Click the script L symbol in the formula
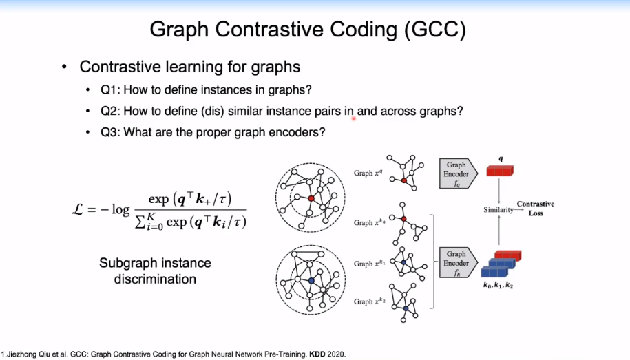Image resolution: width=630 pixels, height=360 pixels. click(81, 210)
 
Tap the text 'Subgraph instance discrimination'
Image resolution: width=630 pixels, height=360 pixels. click(155, 271)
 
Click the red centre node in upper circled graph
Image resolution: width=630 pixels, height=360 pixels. click(311, 198)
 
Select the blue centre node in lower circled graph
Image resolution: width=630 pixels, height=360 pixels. click(311, 282)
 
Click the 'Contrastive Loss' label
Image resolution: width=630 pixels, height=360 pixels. click(536, 209)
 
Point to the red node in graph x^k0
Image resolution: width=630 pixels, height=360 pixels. click(404, 219)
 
